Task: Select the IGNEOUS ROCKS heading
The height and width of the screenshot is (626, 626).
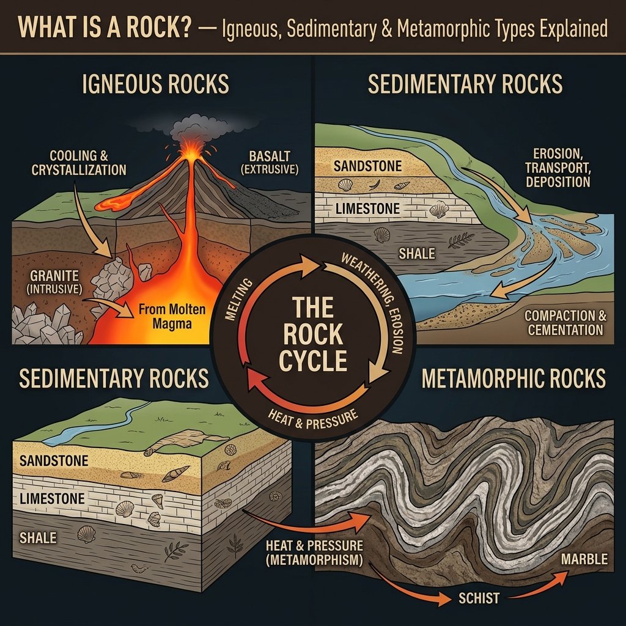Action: [155, 84]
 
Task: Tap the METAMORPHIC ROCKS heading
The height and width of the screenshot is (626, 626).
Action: [514, 378]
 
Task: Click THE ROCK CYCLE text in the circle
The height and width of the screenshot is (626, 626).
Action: [313, 333]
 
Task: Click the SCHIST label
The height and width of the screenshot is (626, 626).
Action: [479, 597]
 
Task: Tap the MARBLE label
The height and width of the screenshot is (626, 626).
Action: [584, 559]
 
